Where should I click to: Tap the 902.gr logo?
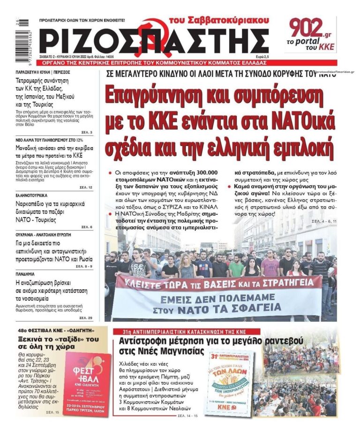(x=310, y=29)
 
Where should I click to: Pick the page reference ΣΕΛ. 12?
(x=86, y=187)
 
